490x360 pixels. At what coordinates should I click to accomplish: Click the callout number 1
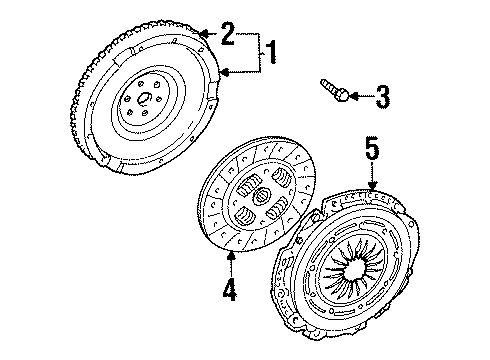(272, 52)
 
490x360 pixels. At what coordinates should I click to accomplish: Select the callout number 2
(228, 33)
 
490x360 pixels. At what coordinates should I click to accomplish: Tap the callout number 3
(382, 97)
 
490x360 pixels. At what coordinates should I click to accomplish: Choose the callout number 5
(372, 149)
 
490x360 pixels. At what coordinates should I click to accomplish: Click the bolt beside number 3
(335, 90)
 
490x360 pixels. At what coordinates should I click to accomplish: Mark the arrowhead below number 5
(372, 186)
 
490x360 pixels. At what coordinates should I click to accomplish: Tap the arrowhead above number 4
(231, 256)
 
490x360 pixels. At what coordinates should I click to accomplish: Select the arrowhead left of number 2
(205, 33)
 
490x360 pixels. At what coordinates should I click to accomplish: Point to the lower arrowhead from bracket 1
(226, 72)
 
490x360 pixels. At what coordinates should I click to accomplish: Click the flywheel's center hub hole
(145, 98)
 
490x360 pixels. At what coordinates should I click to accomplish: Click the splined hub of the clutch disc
(261, 196)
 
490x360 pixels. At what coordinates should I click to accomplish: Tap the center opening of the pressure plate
(355, 269)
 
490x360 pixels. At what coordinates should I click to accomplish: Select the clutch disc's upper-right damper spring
(282, 177)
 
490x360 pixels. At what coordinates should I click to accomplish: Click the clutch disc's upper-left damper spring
(249, 186)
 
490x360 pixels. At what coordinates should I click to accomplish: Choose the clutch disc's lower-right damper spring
(278, 207)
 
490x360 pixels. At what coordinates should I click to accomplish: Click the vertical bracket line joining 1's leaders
(260, 53)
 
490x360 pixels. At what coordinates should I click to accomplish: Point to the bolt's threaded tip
(323, 81)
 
